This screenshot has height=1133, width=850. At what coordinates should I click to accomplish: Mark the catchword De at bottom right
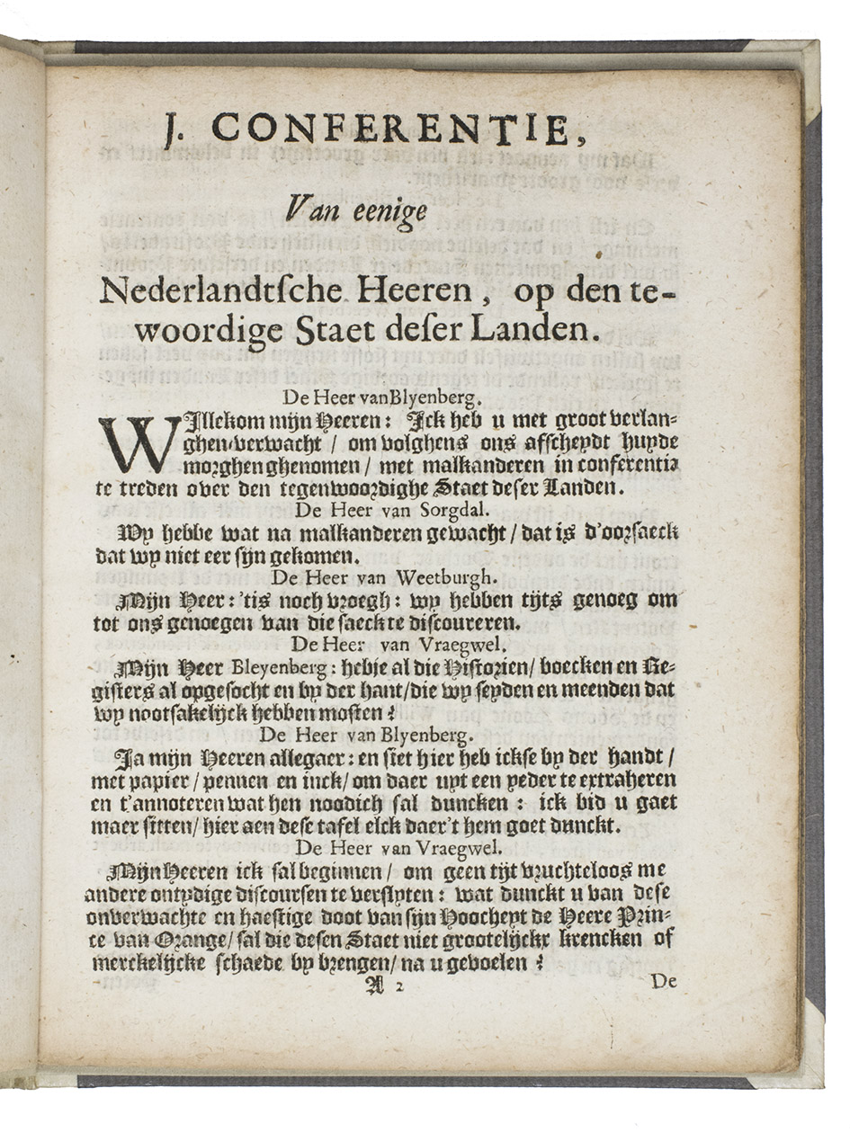click(663, 982)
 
